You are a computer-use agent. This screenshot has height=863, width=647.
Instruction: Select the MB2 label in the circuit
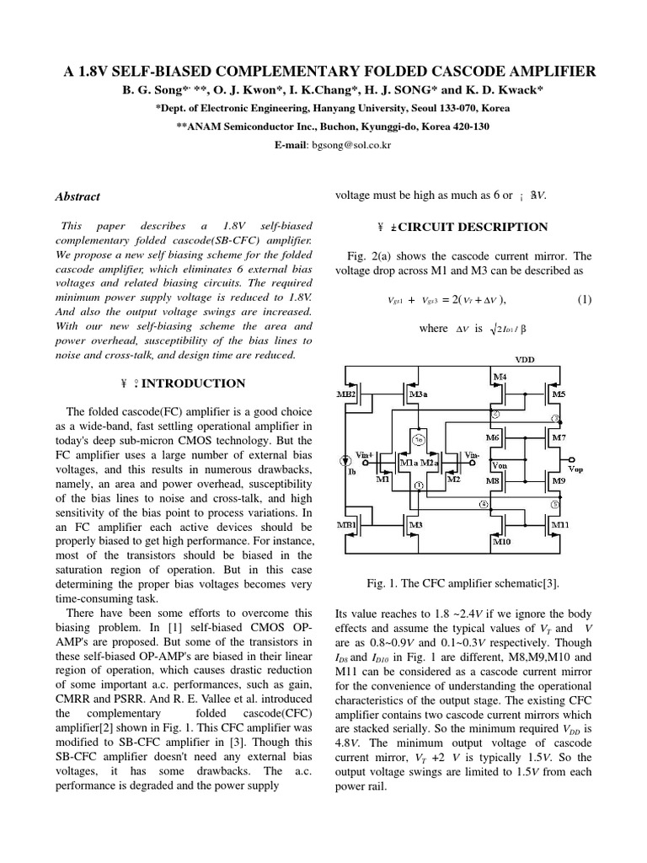pos(350,394)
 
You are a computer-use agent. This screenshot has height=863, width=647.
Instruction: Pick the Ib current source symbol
pos(345,461)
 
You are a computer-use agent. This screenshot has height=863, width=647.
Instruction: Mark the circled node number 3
pos(554,419)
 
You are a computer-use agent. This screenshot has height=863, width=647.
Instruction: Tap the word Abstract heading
pos(78,196)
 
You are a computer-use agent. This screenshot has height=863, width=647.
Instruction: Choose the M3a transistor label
pos(417,394)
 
